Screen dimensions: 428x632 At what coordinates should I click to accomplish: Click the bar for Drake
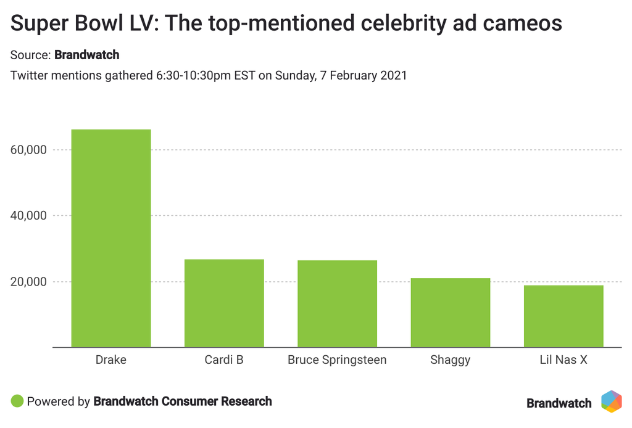tap(111, 239)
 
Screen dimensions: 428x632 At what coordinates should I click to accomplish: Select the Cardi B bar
tap(224, 303)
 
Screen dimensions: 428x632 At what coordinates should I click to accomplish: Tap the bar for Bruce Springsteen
tap(337, 304)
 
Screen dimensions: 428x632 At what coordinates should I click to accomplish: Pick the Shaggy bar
tap(451, 313)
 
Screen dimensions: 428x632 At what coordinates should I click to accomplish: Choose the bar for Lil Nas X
tap(563, 316)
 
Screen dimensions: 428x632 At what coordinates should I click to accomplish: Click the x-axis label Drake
tap(111, 360)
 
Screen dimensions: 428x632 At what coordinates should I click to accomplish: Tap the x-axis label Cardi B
tap(224, 360)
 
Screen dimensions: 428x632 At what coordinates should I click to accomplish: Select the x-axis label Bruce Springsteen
tap(337, 360)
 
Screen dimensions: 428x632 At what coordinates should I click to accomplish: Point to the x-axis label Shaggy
tap(451, 360)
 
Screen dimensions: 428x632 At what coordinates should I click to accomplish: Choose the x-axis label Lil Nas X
tap(563, 360)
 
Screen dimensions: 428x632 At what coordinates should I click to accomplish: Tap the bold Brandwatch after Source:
tap(86, 55)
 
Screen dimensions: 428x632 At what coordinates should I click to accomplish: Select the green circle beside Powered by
tap(17, 401)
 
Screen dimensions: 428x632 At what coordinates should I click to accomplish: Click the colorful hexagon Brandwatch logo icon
tap(612, 401)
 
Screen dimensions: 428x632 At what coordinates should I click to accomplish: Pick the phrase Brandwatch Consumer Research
tap(182, 401)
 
